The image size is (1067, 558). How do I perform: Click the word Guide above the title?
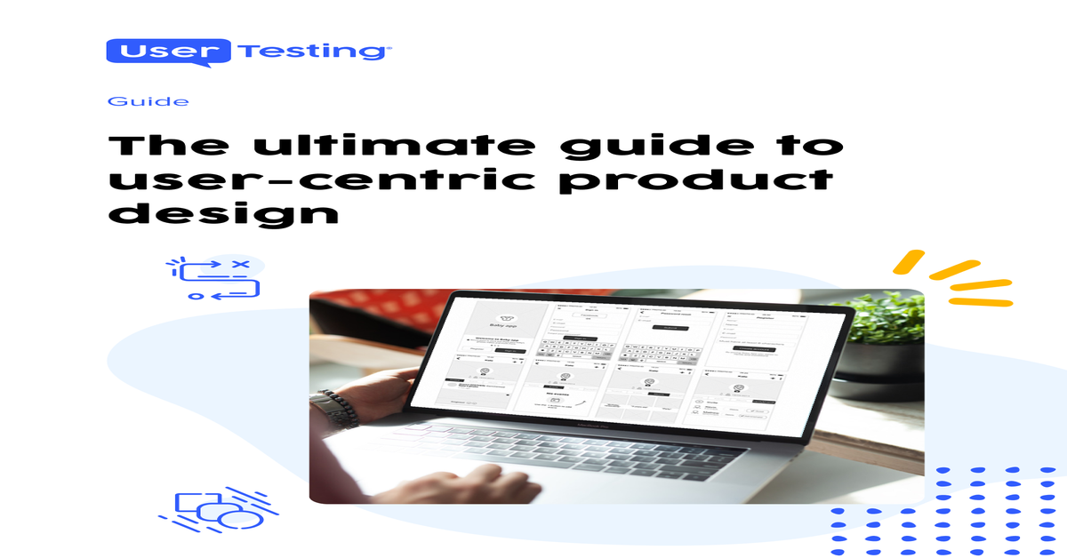pos(148,101)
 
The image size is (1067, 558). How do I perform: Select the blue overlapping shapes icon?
pos(213,510)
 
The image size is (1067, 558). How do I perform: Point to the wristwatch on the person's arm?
pos(340,410)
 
